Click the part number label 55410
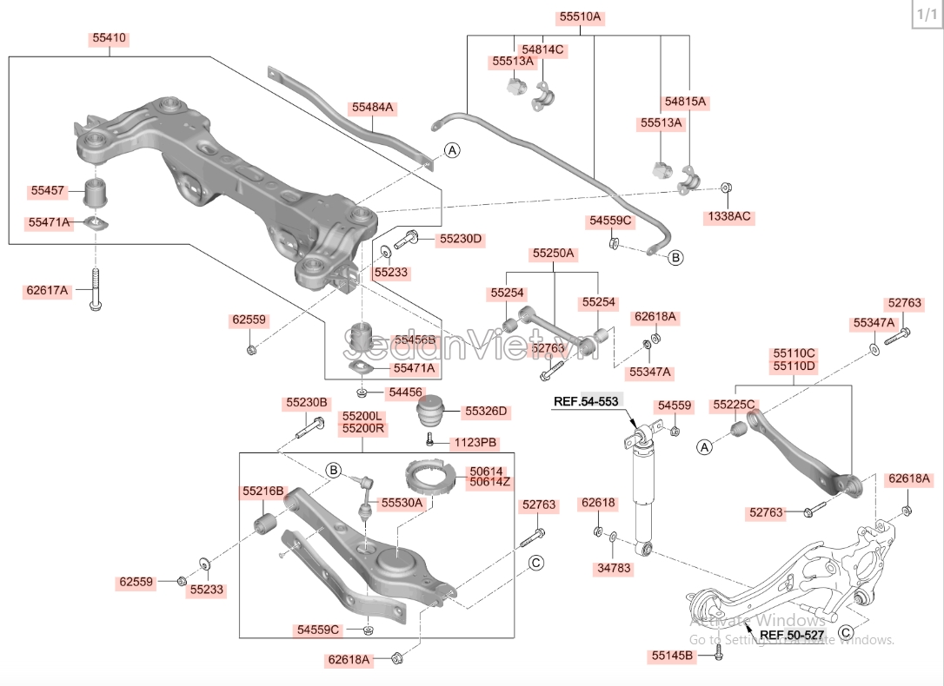pos(110,38)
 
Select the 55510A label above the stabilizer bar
pos(580,16)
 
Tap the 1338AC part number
pos(728,215)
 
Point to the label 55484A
pos(373,109)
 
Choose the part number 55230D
pos(460,239)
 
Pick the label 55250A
pos(554,254)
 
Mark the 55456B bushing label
pos(415,339)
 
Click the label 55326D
pos(486,411)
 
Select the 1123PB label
pos(475,443)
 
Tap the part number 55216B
pos(263,491)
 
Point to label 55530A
pos(402,502)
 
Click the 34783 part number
pos(614,569)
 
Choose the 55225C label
pos(735,405)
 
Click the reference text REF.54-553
pos(588,401)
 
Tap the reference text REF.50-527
pos(792,635)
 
